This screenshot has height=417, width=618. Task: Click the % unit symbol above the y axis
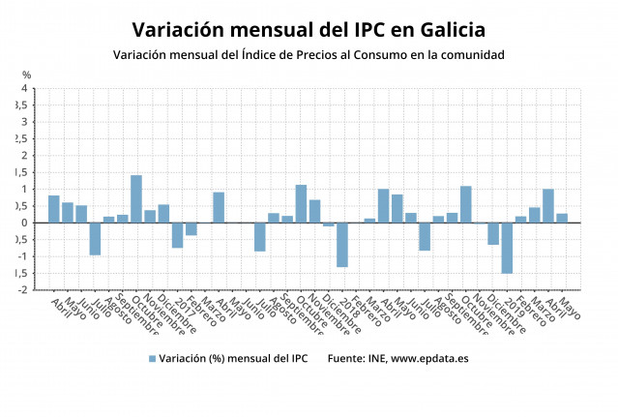point(26,75)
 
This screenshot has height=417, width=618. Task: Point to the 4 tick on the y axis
point(25,89)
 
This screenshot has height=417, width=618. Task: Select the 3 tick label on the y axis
point(25,123)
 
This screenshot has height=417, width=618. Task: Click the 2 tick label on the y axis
point(25,156)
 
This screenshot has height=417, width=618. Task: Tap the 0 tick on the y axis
point(25,223)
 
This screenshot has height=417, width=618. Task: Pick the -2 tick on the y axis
point(23,289)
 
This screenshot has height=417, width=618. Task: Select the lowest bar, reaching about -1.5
point(507,248)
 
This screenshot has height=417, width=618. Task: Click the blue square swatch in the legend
point(152,359)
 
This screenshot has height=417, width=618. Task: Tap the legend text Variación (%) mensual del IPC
point(232,359)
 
